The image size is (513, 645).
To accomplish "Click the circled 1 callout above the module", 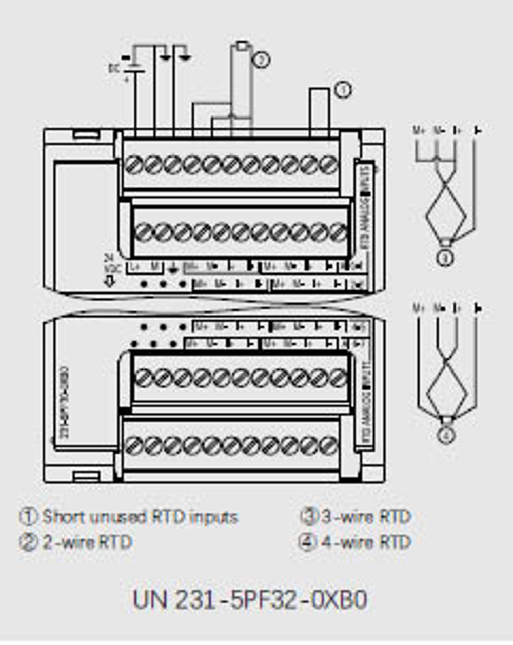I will (x=343, y=90).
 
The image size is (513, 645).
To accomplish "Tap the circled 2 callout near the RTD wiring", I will (x=261, y=60).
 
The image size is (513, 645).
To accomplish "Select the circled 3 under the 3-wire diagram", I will (x=445, y=258).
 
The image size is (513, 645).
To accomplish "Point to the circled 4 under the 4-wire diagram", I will (x=445, y=436).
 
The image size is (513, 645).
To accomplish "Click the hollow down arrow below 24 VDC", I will (x=110, y=281).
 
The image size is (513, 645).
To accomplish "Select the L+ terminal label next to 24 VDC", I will (x=135, y=267).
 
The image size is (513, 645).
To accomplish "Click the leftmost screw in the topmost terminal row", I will (x=133, y=165).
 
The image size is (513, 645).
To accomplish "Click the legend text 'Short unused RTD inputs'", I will (x=140, y=516).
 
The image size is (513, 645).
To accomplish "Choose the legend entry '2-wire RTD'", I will (x=87, y=542).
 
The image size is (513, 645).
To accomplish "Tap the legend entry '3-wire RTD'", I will (x=366, y=516).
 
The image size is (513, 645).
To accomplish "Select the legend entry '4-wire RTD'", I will (x=366, y=542).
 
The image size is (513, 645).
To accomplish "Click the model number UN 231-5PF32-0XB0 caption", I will (x=250, y=600).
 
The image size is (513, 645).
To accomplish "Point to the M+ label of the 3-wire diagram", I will (x=419, y=131).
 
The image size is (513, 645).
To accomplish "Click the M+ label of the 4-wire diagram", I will (x=419, y=308).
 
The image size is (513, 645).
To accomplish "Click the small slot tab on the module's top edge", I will (x=86, y=134).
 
